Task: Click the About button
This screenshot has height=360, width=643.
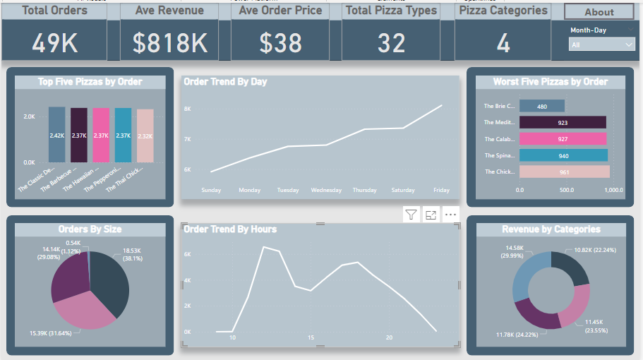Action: pos(599,12)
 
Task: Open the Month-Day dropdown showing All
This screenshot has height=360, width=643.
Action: pos(602,44)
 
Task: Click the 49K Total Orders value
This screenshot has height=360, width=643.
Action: pos(54,43)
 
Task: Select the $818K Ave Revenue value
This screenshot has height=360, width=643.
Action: pos(170,43)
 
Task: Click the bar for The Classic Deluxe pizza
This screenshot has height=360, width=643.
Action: pos(57,135)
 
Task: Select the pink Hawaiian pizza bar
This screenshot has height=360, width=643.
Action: pos(101,136)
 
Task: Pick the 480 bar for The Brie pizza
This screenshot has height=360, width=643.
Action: pos(541,107)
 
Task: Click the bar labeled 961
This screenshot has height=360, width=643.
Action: pos(563,172)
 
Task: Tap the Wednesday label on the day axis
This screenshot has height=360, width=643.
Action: pos(326,190)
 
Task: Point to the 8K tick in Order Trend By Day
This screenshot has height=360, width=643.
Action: pos(188,109)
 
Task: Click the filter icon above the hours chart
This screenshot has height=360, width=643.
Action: pos(412,215)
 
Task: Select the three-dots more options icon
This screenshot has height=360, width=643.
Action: pos(450,215)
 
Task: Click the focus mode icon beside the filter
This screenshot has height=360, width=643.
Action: pos(431,215)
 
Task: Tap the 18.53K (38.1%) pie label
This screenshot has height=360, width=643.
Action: pos(133,254)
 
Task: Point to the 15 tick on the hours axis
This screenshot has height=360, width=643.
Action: pos(311,337)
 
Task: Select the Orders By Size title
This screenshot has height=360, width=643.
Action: pos(90,229)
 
